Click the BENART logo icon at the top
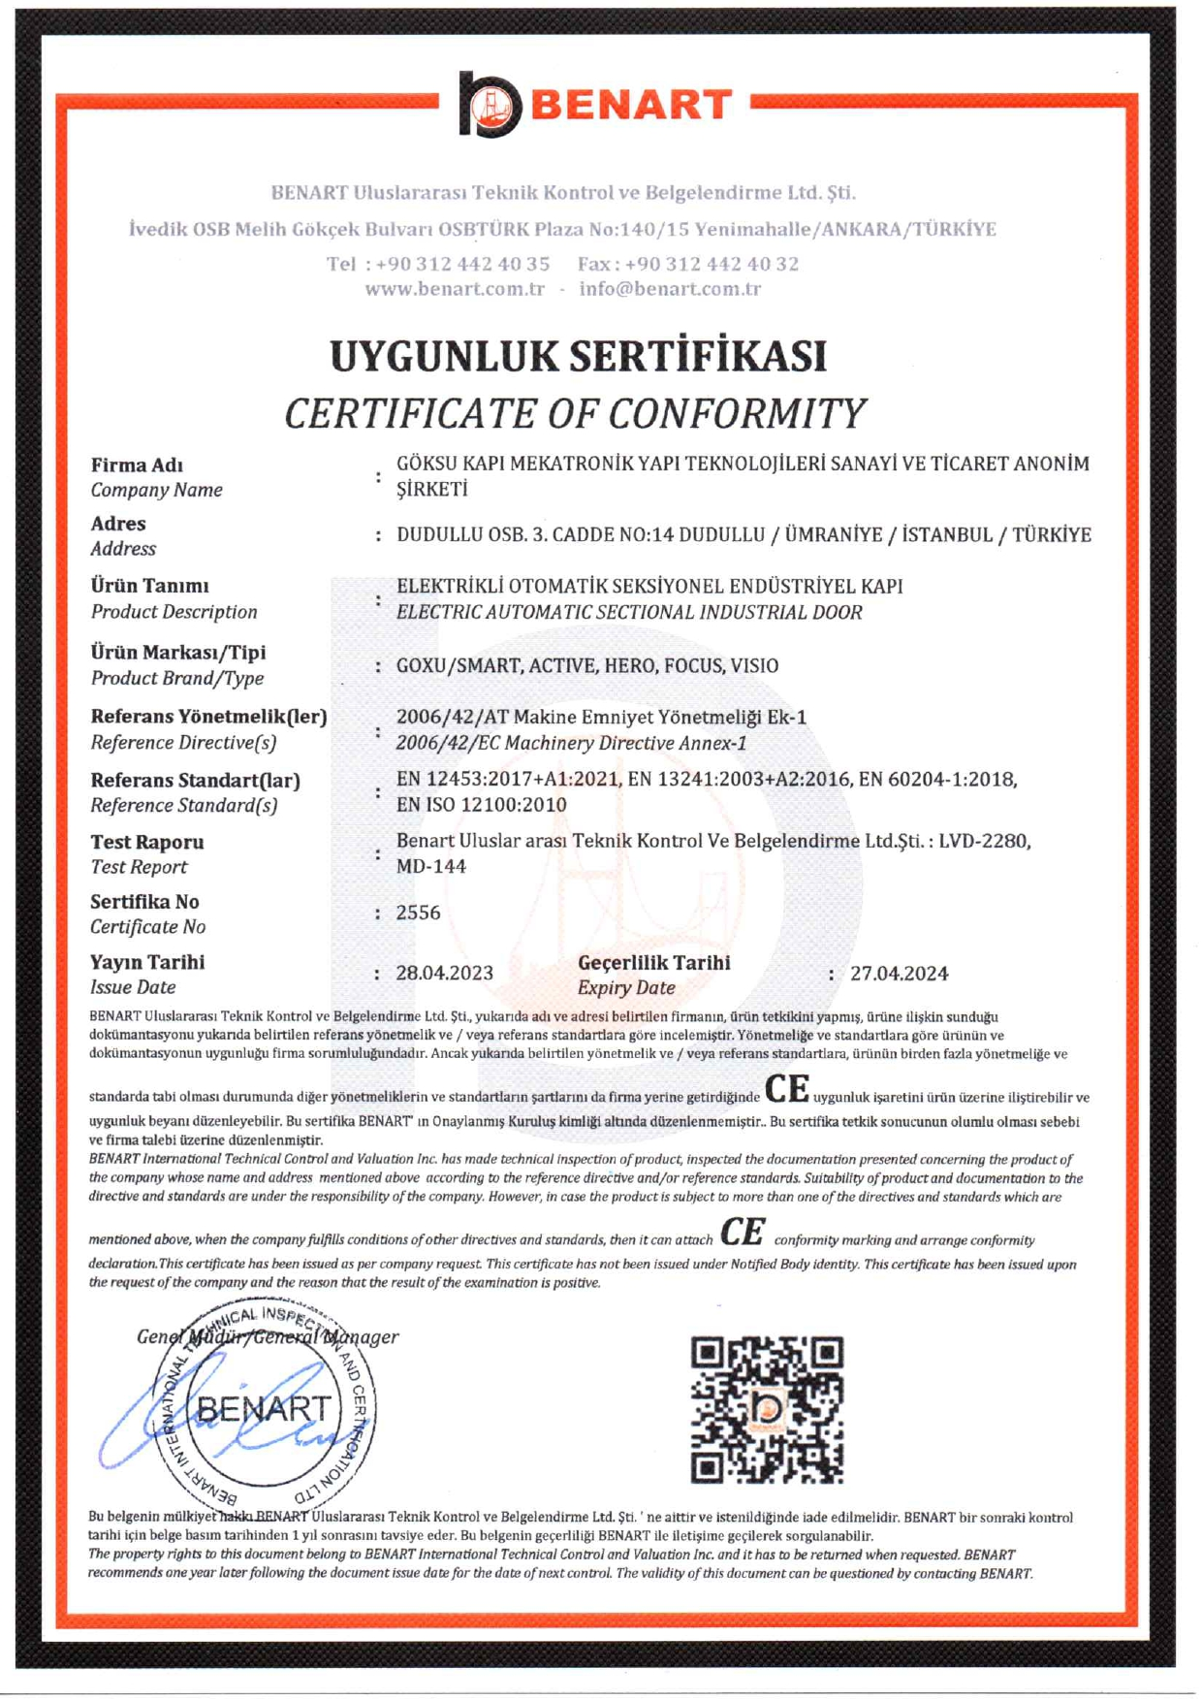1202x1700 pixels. point(490,104)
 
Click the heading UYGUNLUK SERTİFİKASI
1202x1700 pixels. point(579,356)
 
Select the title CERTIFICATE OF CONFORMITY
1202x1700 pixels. point(574,414)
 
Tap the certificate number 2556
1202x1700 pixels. point(419,913)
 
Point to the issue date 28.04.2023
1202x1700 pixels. point(445,973)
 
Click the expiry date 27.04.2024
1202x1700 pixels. point(899,974)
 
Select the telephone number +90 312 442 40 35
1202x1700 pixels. point(463,264)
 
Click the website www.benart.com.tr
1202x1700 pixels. point(455,289)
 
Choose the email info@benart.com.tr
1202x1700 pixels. point(670,289)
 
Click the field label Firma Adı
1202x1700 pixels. point(137,465)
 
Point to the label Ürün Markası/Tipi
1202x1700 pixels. point(178,653)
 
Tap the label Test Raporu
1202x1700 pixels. point(147,842)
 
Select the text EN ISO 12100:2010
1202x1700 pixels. point(482,805)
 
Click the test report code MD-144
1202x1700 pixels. point(431,866)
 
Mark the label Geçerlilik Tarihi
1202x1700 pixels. point(654,963)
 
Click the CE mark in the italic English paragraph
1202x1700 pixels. point(743,1233)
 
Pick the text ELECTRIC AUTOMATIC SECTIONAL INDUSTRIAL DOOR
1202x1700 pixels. point(629,612)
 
